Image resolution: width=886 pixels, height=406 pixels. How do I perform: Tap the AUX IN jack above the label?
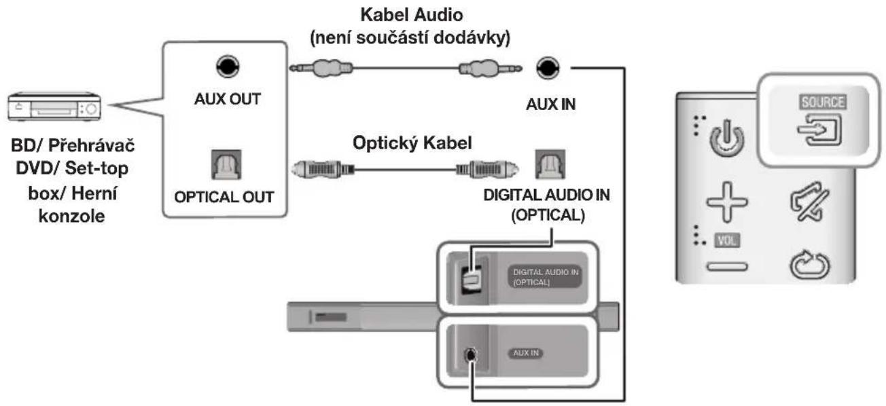pos(547,68)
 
